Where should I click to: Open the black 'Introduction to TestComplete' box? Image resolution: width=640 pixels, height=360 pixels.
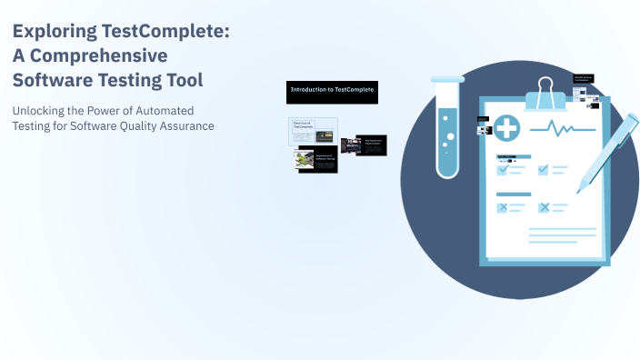click(x=332, y=90)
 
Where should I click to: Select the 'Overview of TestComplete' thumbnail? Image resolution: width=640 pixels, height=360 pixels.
click(x=314, y=131)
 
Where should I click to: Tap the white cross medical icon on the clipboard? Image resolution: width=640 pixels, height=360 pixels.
click(x=506, y=128)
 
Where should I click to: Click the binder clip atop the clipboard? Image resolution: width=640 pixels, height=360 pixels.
click(x=545, y=92)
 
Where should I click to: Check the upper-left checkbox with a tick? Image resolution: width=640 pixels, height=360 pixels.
click(x=503, y=169)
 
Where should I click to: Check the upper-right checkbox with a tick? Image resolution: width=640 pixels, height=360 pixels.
click(x=544, y=169)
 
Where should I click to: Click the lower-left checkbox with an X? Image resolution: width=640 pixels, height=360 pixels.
click(x=503, y=207)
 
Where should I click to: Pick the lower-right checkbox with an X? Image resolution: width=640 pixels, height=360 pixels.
click(x=544, y=207)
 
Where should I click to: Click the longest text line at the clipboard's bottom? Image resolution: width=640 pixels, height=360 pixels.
click(x=550, y=229)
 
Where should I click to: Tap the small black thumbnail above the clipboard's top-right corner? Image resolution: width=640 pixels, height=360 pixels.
click(x=583, y=79)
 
